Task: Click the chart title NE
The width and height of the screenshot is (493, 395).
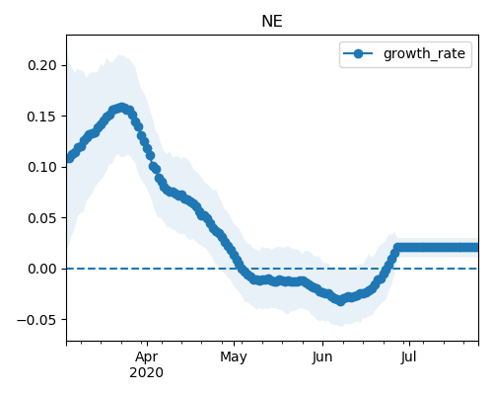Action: click(272, 22)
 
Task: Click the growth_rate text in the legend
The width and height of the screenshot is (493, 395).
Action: click(424, 53)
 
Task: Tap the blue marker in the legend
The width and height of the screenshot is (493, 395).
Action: click(358, 53)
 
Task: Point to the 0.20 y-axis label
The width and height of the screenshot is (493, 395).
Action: click(42, 65)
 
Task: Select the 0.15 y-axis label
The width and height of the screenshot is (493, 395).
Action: click(42, 117)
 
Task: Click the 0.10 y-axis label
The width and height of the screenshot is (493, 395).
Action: click(42, 167)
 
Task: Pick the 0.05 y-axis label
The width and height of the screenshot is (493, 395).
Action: click(42, 218)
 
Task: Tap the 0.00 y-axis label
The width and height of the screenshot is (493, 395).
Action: click(42, 269)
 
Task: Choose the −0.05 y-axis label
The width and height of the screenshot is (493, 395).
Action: click(37, 320)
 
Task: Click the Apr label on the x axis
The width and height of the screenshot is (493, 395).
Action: click(147, 357)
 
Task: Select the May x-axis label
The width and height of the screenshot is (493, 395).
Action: click(234, 357)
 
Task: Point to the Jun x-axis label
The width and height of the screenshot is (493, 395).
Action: click(322, 357)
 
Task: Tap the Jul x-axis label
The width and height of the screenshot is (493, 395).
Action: click(408, 357)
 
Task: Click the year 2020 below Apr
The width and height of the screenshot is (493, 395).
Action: click(146, 373)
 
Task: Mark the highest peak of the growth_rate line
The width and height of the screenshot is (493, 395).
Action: click(122, 108)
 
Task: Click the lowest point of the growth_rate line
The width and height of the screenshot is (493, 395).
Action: click(341, 301)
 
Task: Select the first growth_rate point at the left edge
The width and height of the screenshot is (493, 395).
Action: click(69, 159)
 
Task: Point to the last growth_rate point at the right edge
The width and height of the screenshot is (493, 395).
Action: click(476, 248)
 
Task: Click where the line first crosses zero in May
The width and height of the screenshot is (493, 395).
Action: click(240, 269)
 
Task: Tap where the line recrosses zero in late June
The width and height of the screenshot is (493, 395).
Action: click(387, 269)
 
